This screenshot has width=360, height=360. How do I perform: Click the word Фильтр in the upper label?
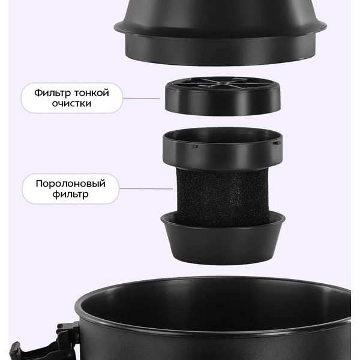coord(53,93)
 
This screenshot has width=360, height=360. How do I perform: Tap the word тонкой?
coord(92,93)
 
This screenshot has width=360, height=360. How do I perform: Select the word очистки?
coord(71,104)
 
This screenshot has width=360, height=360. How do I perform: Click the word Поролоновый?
coord(71,184)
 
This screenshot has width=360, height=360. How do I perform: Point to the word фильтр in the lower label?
coord(70,194)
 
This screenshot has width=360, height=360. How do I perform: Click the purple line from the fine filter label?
coord(142,98)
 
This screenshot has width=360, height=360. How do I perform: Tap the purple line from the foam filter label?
coord(146,189)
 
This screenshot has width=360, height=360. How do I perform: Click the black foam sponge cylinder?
coord(222,195)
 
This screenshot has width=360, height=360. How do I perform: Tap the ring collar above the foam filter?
coord(223,149)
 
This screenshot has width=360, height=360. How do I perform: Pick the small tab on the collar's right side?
coord(277,143)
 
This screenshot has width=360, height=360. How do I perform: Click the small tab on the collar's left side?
coord(194,146)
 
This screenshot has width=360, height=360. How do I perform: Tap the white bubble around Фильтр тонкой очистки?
coord(72,98)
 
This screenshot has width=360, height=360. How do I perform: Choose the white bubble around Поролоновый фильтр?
coord(71,189)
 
